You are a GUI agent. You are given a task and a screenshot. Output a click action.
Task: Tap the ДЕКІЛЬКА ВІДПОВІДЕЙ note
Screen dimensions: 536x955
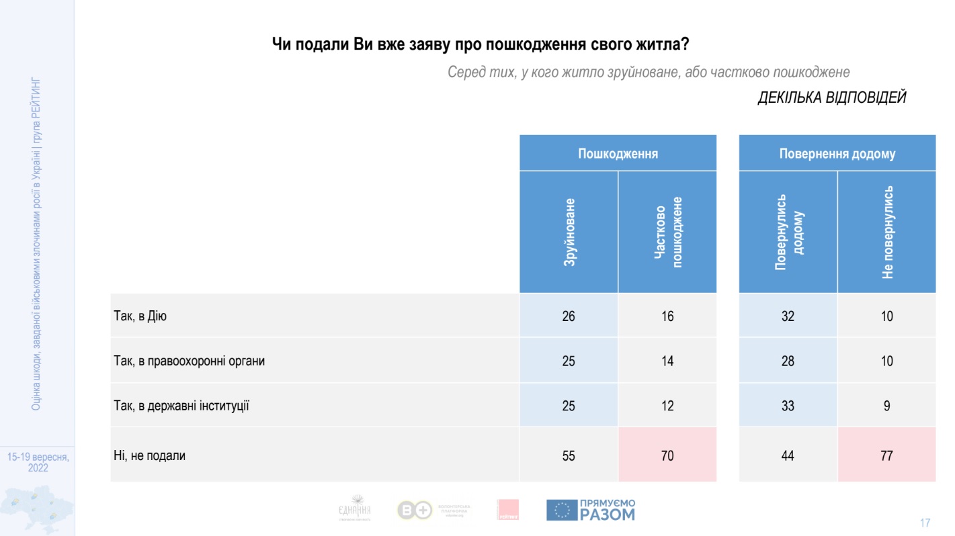pyautogui.click(x=832, y=97)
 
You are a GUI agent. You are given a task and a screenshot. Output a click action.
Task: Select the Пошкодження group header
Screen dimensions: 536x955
pyautogui.click(x=618, y=153)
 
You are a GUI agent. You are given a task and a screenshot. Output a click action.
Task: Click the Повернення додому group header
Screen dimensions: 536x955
pyautogui.click(x=837, y=153)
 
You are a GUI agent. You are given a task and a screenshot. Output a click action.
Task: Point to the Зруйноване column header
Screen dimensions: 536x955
pyautogui.click(x=569, y=232)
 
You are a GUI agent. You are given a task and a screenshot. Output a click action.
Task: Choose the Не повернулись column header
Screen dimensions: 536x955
pyautogui.click(x=886, y=232)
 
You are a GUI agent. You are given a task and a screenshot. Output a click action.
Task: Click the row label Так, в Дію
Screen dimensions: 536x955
pyautogui.click(x=140, y=316)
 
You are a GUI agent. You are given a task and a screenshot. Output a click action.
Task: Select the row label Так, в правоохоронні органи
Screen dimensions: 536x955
pyautogui.click(x=190, y=361)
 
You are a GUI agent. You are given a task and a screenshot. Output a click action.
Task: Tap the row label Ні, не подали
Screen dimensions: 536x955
pyautogui.click(x=149, y=455)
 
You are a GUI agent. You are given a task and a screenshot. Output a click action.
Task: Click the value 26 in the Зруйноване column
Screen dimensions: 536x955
pyautogui.click(x=569, y=316)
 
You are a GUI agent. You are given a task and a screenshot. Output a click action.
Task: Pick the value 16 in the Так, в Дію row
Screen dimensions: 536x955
pyautogui.click(x=667, y=316)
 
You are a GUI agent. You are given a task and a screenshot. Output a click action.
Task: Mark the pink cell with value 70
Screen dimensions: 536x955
pyautogui.click(x=667, y=456)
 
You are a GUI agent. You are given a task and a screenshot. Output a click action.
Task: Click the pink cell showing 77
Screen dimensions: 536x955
pyautogui.click(x=886, y=456)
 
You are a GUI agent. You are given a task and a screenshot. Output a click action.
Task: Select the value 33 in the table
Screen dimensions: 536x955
pyautogui.click(x=788, y=406)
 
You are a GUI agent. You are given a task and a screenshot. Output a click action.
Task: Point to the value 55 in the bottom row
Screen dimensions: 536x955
pyautogui.click(x=569, y=456)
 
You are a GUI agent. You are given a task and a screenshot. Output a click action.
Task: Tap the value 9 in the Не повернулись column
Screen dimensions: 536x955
pyautogui.click(x=886, y=406)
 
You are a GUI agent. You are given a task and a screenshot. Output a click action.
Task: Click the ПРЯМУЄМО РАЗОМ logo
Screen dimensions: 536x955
pyautogui.click(x=590, y=510)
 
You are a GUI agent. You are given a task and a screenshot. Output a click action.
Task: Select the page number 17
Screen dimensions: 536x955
pyautogui.click(x=925, y=523)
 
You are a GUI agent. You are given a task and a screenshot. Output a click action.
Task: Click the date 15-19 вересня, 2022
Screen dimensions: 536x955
pyautogui.click(x=38, y=462)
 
